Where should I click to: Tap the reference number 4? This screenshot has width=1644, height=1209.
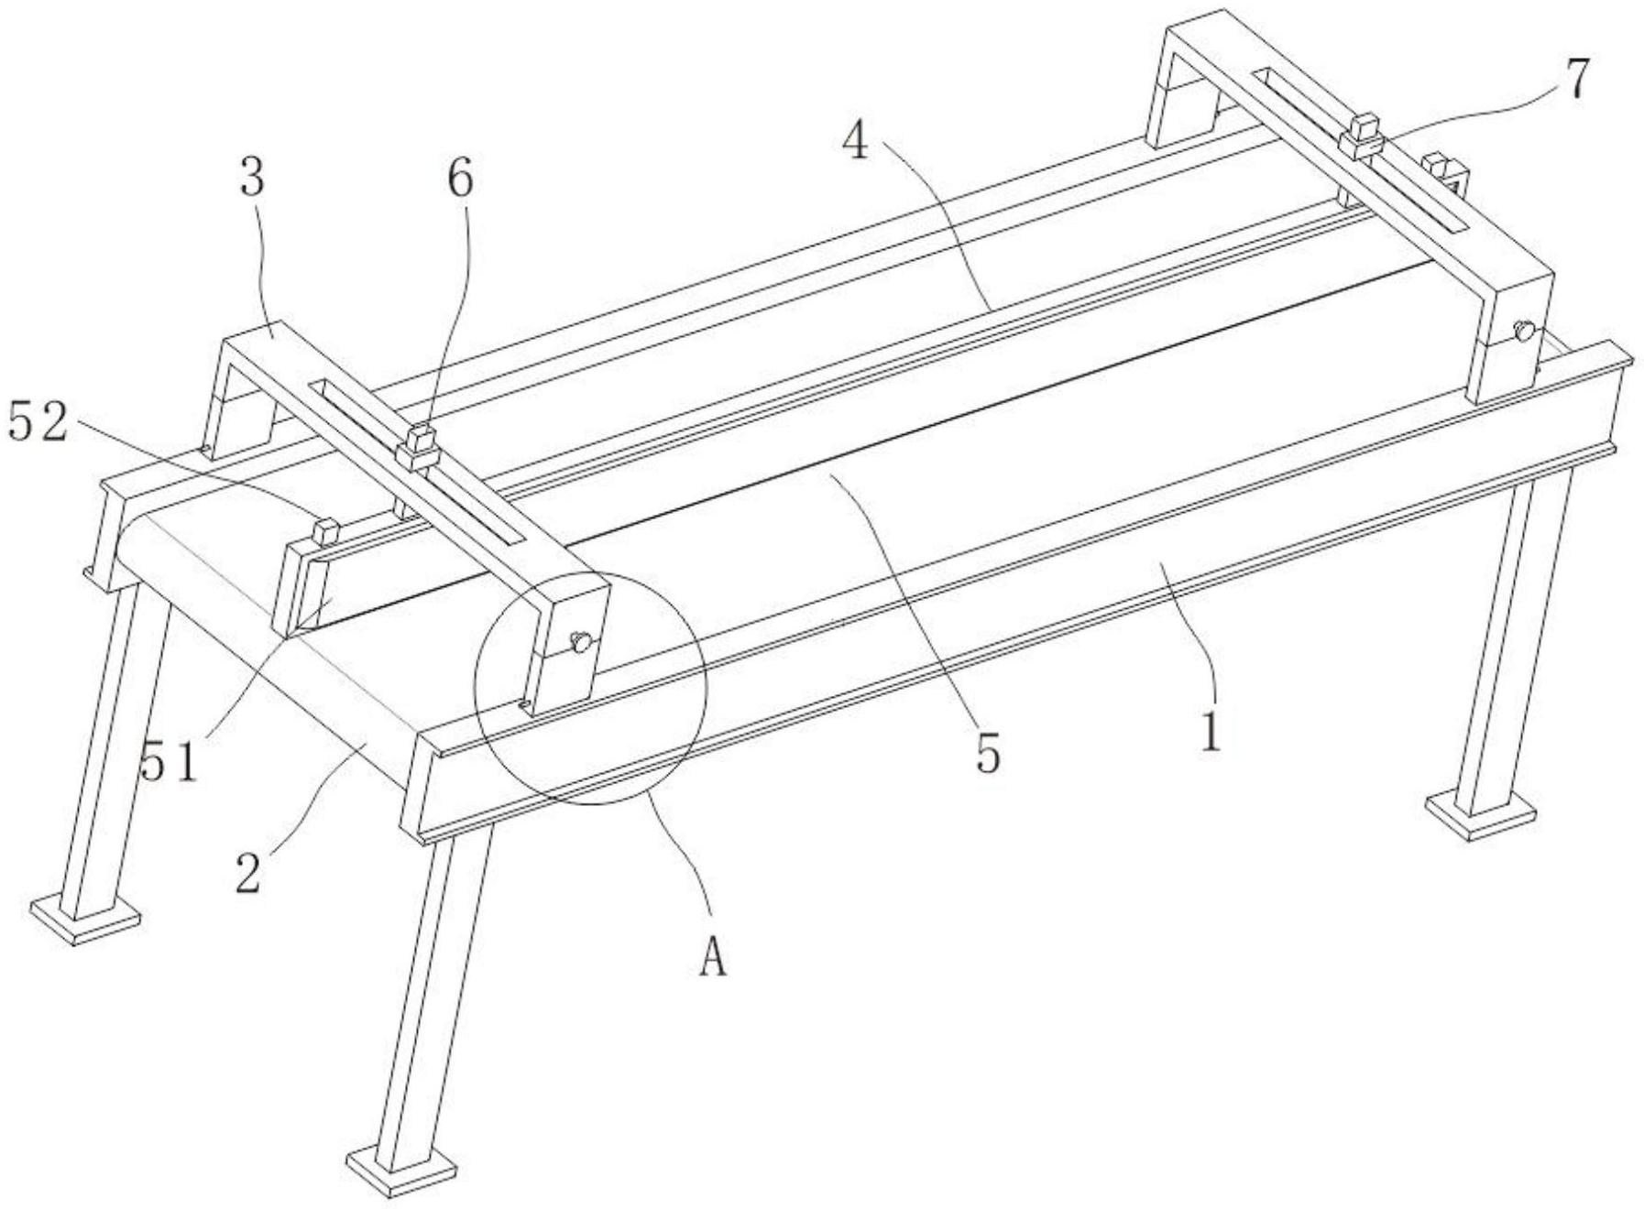pos(856,139)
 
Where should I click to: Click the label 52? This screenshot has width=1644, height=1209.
pos(38,422)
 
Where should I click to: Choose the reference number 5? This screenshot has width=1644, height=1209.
pos(987,754)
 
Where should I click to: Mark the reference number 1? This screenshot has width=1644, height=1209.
pos(1211,732)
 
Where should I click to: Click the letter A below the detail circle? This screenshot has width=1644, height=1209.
pos(713,959)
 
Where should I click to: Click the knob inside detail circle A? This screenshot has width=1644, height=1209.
pos(579,642)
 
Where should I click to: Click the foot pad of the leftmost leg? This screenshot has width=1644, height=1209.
pos(85,920)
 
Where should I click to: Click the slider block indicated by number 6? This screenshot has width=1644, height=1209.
pos(418,447)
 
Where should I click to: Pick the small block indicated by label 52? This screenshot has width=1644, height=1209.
pos(326,531)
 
